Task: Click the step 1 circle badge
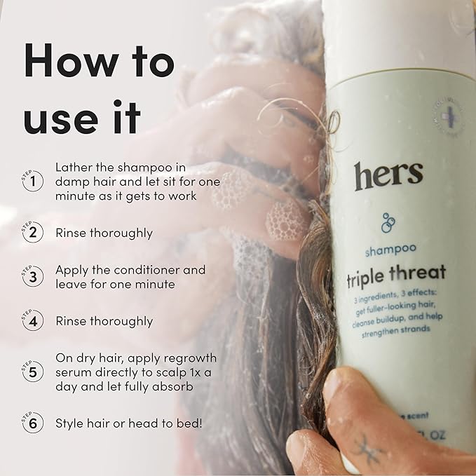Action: pos(32,183)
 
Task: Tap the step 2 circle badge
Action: pos(32,233)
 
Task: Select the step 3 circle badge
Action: pos(32,278)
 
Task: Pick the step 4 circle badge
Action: pos(32,322)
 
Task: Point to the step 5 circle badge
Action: pos(32,372)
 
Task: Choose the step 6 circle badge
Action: pos(32,424)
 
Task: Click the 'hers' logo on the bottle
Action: pos(388,175)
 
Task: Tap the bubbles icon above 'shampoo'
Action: pos(388,222)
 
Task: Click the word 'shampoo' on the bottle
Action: pos(390,248)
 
